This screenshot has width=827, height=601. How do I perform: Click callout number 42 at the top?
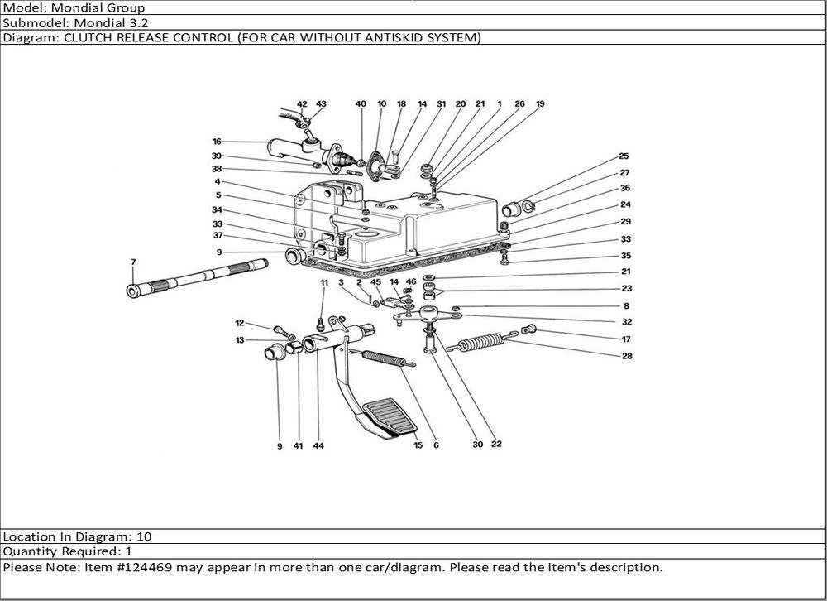coord(302,104)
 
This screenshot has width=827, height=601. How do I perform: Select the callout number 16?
coord(217,142)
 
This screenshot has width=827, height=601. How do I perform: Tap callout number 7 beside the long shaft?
coord(132,262)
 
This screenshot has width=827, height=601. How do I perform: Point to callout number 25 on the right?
coord(624,156)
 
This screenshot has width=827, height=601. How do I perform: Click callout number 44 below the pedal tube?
coord(318,445)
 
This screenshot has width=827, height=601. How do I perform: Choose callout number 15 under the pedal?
coord(418,445)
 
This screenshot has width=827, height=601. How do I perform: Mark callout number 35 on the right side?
coord(626,256)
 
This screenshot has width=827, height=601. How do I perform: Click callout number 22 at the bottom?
coord(496,445)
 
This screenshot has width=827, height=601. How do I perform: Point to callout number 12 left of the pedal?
coord(239,323)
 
